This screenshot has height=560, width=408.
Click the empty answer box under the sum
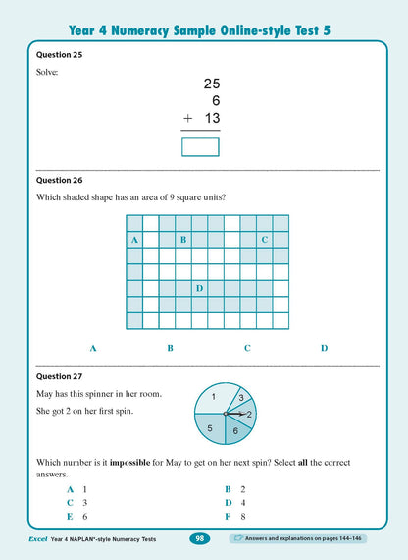click(x=201, y=146)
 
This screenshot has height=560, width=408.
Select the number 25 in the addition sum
click(x=211, y=85)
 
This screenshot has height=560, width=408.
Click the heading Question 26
click(x=58, y=181)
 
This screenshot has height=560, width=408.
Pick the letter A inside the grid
click(x=133, y=240)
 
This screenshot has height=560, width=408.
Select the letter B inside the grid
click(x=183, y=240)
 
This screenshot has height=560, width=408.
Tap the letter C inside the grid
click(x=265, y=240)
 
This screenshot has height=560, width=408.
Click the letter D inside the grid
click(x=199, y=288)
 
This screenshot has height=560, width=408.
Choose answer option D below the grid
click(x=324, y=348)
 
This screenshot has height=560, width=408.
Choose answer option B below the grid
click(x=170, y=348)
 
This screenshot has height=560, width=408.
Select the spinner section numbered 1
click(x=213, y=397)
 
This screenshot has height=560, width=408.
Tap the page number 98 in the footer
click(x=199, y=539)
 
